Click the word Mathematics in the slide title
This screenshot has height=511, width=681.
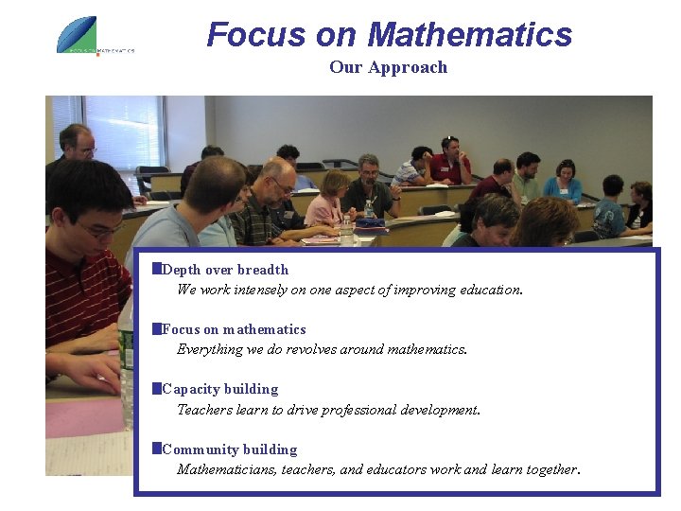click(x=469, y=35)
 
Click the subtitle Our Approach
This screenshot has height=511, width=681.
click(x=388, y=67)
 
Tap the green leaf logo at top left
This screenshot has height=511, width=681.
click(x=78, y=34)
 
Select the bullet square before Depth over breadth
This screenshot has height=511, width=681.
click(x=157, y=269)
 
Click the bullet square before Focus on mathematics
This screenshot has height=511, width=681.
click(x=157, y=328)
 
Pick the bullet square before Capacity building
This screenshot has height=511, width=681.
click(x=157, y=388)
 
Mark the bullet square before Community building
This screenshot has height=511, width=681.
click(x=157, y=449)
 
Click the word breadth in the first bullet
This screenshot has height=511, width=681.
click(x=264, y=270)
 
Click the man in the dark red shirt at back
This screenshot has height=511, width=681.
click(x=451, y=164)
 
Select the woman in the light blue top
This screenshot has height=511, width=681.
click(x=565, y=182)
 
